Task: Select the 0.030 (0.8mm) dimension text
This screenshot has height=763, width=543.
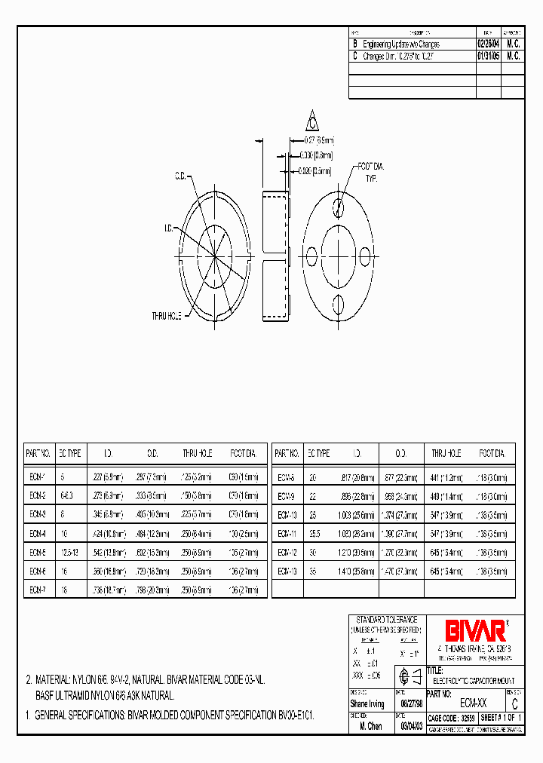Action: (316, 154)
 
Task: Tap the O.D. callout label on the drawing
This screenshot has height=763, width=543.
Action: (181, 176)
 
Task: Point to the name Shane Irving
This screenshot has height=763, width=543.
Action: (368, 704)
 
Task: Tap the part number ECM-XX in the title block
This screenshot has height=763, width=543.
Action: (473, 704)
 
